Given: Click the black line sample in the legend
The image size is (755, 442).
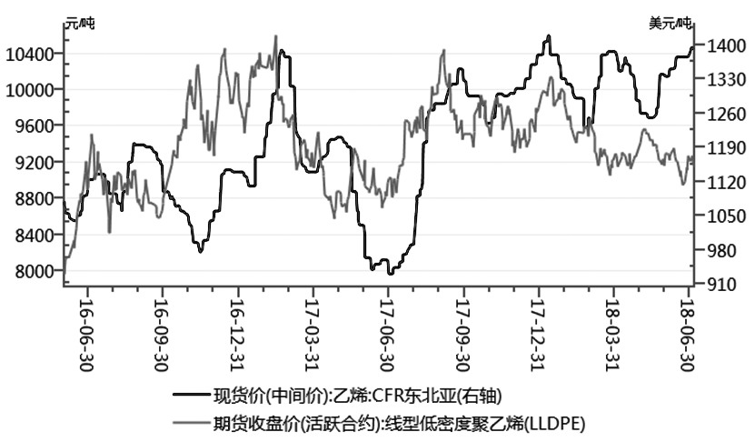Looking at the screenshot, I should [x=196, y=396].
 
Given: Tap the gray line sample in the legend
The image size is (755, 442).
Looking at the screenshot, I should [x=196, y=423].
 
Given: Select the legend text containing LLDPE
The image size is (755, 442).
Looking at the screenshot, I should [x=403, y=423].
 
